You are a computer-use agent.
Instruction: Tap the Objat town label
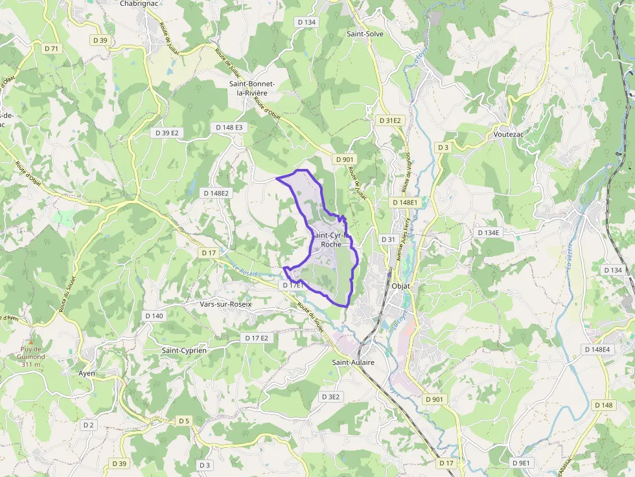click(402, 285)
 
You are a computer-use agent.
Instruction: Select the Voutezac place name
click(508, 135)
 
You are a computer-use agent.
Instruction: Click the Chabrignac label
click(140, 3)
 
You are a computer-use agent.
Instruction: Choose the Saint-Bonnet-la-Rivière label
click(252, 89)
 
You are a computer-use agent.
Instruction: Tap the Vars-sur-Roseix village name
click(225, 304)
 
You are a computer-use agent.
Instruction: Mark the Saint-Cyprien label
click(184, 350)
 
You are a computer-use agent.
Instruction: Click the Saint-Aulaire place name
click(353, 362)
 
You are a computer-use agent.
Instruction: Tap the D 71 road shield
click(52, 49)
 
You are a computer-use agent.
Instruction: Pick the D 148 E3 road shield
click(229, 128)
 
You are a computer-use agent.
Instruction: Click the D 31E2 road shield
click(390, 120)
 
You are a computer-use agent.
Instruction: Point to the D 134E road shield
click(488, 232)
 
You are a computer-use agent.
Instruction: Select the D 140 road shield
click(154, 316)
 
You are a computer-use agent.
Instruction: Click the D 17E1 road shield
click(293, 285)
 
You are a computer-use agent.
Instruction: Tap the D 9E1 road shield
click(521, 463)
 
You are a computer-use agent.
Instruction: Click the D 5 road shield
click(184, 421)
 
